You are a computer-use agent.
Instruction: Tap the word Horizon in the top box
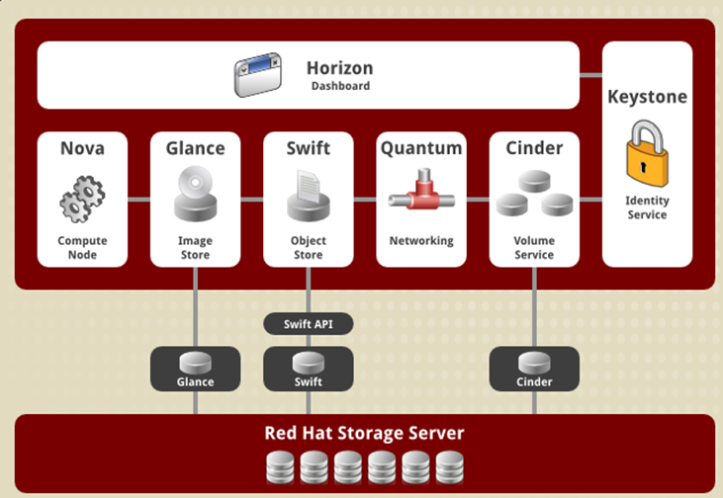tap(339, 68)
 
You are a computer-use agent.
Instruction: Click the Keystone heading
tap(647, 97)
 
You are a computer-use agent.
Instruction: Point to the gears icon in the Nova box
tap(81, 198)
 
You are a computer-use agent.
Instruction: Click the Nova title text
tap(82, 148)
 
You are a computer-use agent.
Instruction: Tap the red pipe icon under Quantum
tap(420, 196)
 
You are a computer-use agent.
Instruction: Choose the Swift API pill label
tap(308, 324)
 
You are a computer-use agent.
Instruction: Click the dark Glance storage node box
tap(195, 369)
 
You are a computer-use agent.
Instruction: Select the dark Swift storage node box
tap(308, 369)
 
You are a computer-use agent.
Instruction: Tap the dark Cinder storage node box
tap(534, 369)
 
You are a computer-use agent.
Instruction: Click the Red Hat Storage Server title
tap(364, 433)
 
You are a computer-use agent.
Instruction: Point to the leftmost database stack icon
tap(280, 464)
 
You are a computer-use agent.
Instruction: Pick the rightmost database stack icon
tap(449, 464)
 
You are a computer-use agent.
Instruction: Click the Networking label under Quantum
tap(420, 240)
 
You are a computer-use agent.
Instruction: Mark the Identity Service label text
tap(647, 207)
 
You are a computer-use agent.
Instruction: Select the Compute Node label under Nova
tap(82, 247)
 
